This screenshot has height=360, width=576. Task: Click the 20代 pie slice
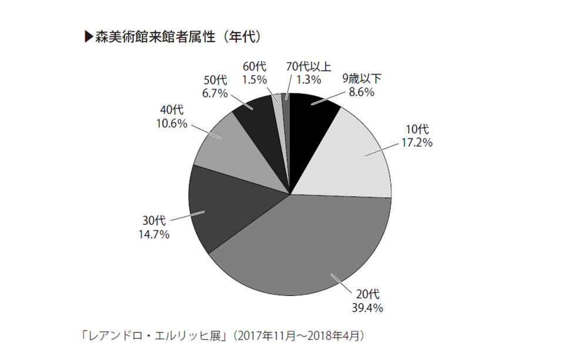click(x=312, y=247)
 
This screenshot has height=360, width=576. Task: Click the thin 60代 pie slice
click(x=277, y=100)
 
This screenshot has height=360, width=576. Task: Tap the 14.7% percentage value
click(x=155, y=235)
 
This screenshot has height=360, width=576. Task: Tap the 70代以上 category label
click(x=304, y=66)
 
